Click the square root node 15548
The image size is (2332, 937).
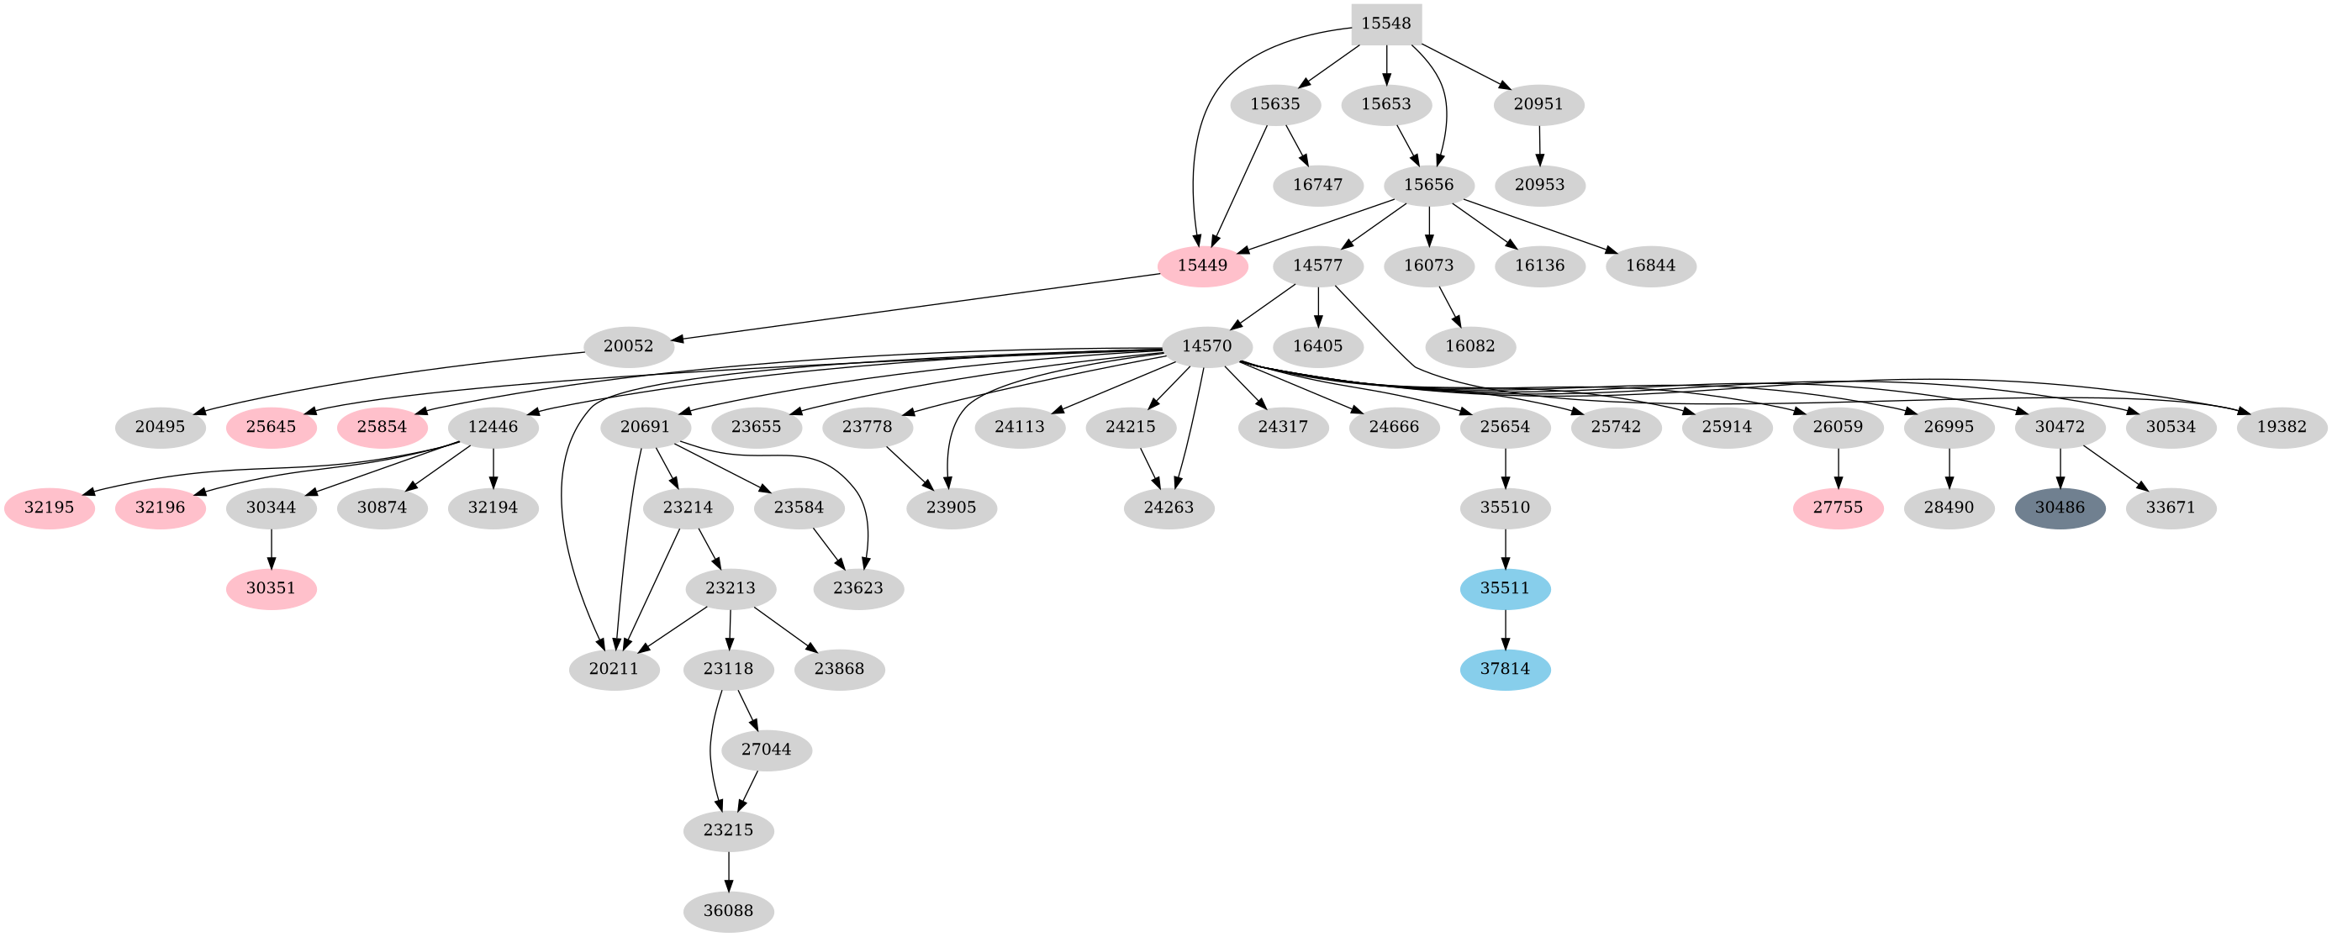pyautogui.click(x=1386, y=24)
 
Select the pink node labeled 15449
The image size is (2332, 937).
pyautogui.click(x=1202, y=266)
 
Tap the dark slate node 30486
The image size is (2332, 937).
pyautogui.click(x=2060, y=508)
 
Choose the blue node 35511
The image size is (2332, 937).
pyautogui.click(x=1505, y=588)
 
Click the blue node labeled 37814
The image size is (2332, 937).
pyautogui.click(x=1505, y=670)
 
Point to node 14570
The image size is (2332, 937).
pyautogui.click(x=1206, y=347)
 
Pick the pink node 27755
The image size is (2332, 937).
pyautogui.click(x=1838, y=508)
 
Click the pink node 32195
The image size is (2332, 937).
pyautogui.click(x=49, y=508)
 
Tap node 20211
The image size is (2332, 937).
pyautogui.click(x=614, y=670)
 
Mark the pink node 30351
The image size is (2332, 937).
pyautogui.click(x=271, y=588)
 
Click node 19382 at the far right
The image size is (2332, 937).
pyautogui.click(x=2282, y=427)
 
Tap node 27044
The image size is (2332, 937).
pyautogui.click(x=766, y=750)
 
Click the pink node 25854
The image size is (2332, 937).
pyautogui.click(x=381, y=427)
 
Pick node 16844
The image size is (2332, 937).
pyautogui.click(x=1650, y=266)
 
